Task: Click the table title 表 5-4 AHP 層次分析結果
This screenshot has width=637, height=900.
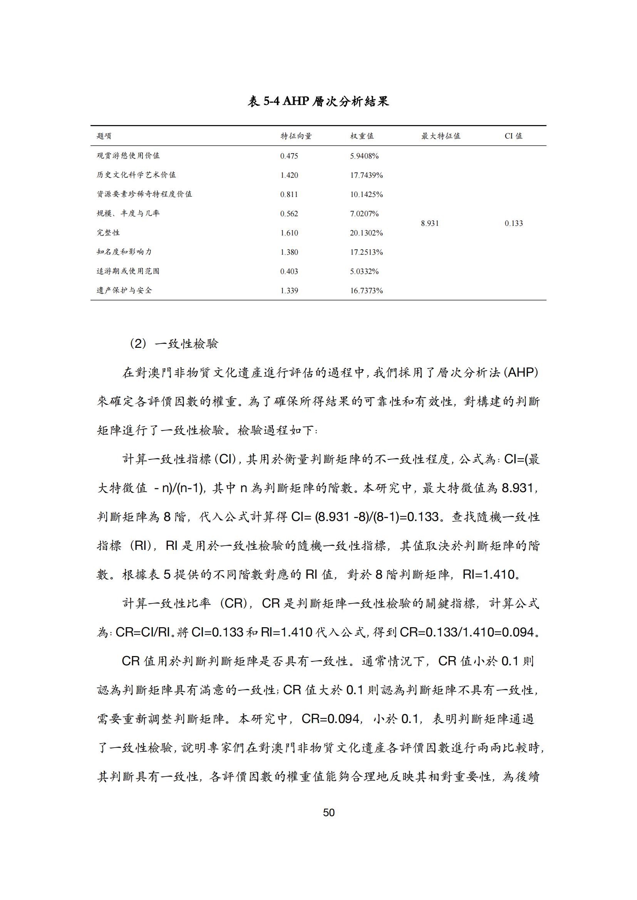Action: pyautogui.click(x=318, y=102)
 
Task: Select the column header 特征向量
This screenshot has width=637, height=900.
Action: pyautogui.click(x=296, y=136)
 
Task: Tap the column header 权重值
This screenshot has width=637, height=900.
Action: pyautogui.click(x=362, y=136)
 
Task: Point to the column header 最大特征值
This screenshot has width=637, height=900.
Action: pyautogui.click(x=441, y=136)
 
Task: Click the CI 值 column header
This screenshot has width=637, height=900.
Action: pyautogui.click(x=513, y=136)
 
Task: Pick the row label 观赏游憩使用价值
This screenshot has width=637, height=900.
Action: pyautogui.click(x=128, y=155)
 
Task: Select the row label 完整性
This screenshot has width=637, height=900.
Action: pyautogui.click(x=108, y=232)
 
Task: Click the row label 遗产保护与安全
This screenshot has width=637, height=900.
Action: pyautogui.click(x=124, y=291)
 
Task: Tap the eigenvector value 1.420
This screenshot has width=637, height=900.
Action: pyautogui.click(x=289, y=175)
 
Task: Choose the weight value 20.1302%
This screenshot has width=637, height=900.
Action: pyautogui.click(x=366, y=233)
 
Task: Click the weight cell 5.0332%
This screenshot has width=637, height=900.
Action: pyautogui.click(x=364, y=271)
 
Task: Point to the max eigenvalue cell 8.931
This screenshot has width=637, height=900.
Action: pyautogui.click(x=430, y=224)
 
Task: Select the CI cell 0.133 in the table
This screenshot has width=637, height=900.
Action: pyautogui.click(x=513, y=224)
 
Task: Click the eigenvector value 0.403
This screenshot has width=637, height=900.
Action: pyautogui.click(x=289, y=271)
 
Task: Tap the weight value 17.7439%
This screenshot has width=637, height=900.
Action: pyautogui.click(x=366, y=175)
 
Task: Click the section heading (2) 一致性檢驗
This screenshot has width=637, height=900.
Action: pyautogui.click(x=174, y=344)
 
